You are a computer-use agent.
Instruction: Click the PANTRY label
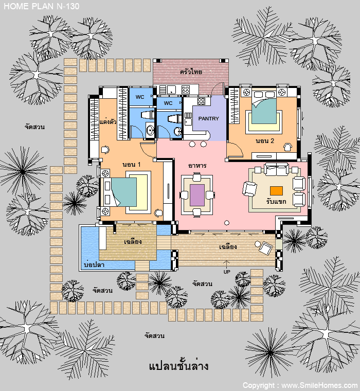[208, 119]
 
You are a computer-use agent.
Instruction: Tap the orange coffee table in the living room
[276, 191]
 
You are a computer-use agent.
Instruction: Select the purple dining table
[197, 195]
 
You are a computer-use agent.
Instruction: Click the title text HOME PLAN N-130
[42, 6]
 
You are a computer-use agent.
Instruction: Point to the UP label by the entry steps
[227, 272]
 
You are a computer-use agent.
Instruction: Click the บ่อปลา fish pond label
[94, 264]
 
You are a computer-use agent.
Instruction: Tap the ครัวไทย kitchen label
[191, 72]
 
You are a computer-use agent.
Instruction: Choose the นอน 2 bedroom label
[265, 141]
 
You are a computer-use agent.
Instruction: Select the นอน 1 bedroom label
[131, 165]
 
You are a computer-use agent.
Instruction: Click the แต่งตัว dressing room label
[108, 122]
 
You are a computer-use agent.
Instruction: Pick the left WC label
[140, 97]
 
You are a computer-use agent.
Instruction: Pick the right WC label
[168, 103]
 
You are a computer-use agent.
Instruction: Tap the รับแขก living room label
[276, 201]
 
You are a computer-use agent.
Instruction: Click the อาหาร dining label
[197, 166]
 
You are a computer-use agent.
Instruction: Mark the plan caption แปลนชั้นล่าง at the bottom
[178, 366]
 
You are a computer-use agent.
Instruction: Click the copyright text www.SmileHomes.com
[319, 385]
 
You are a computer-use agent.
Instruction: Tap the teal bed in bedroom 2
[264, 111]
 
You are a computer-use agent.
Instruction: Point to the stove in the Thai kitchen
[186, 90]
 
